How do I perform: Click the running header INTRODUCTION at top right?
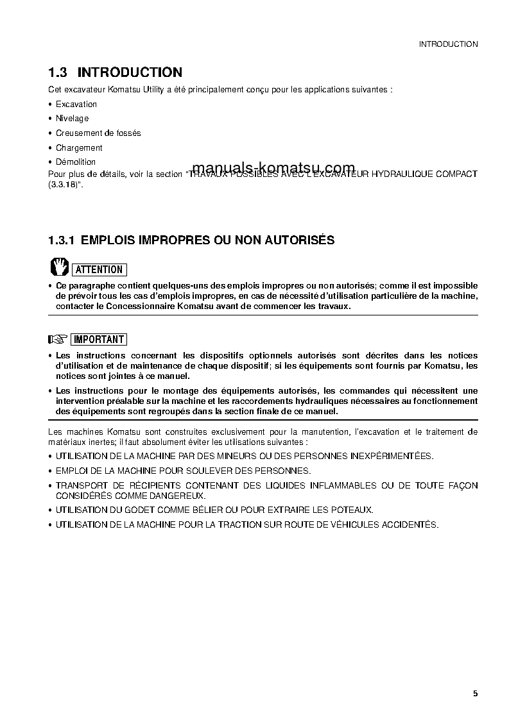[448, 44]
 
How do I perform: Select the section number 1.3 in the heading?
[59, 72]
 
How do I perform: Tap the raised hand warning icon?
[59, 267]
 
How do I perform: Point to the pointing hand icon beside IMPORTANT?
[58, 339]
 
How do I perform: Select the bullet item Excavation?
[76, 104]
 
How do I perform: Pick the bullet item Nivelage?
[72, 119]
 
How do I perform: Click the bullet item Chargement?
[79, 147]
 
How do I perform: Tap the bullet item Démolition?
[76, 162]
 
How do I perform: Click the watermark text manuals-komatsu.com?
[273, 168]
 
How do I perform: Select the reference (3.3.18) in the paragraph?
[65, 184]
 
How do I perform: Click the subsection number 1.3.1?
[62, 240]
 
